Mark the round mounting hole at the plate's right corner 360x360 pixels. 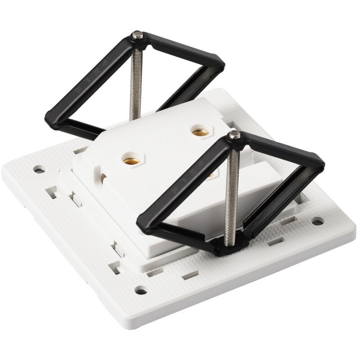tap(318, 221)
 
